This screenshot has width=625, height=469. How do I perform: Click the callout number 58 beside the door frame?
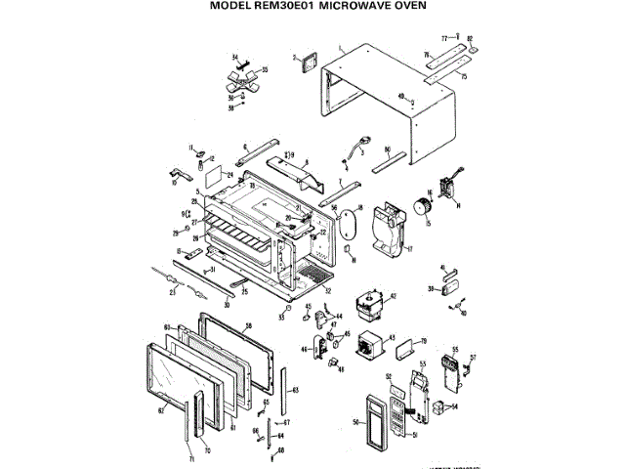click(248, 323)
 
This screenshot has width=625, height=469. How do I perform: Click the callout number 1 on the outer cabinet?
click(340, 47)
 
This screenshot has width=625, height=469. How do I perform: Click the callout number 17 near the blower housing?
click(410, 249)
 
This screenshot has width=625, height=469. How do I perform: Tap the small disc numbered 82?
click(471, 46)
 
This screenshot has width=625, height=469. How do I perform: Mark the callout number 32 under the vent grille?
click(327, 291)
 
